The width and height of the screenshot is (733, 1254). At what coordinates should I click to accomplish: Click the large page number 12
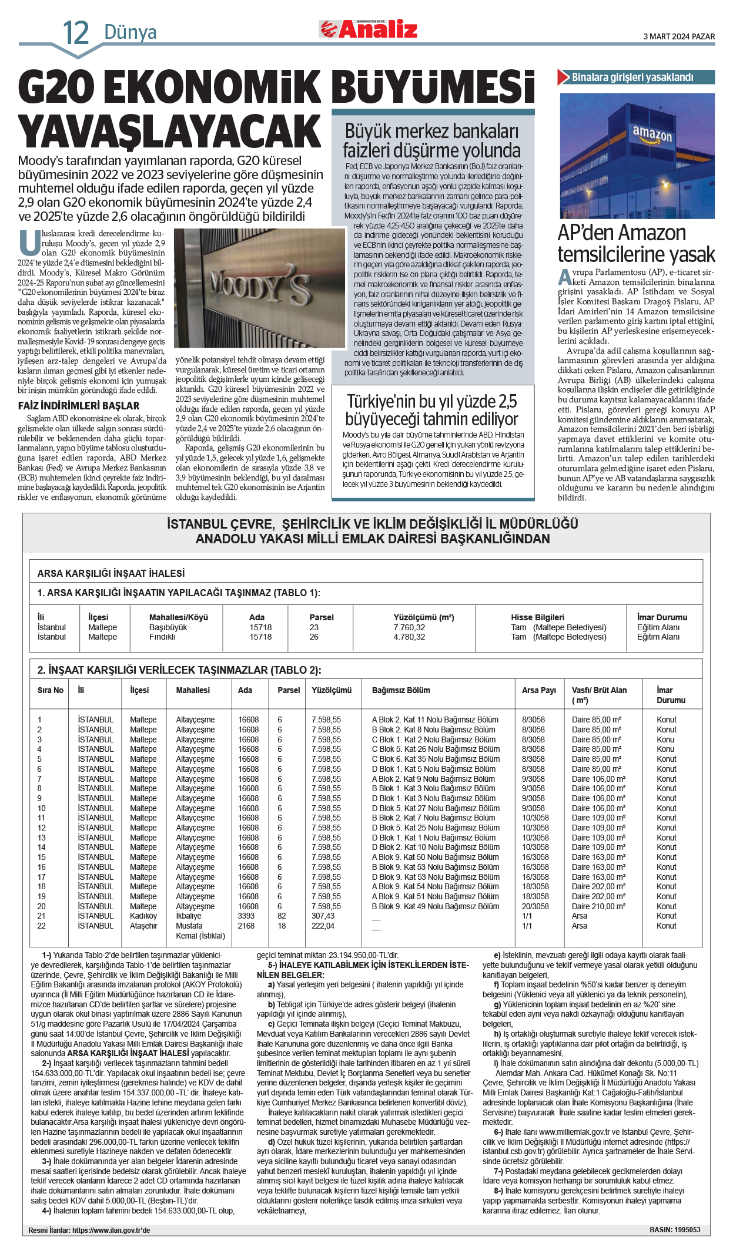click(x=76, y=33)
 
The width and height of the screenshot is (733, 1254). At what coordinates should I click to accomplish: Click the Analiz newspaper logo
click(x=369, y=29)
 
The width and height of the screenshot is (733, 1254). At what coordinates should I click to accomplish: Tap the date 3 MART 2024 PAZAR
click(x=679, y=36)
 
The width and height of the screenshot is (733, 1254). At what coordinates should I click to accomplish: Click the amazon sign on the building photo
click(x=652, y=135)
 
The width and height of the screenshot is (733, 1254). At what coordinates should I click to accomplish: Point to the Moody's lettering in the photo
click(x=260, y=288)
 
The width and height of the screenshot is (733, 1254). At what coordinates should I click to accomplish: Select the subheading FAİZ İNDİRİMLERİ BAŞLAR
click(x=79, y=406)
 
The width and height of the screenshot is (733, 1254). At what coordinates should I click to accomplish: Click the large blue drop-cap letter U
click(x=29, y=243)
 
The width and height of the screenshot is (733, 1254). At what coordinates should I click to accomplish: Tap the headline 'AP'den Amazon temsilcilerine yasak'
click(x=636, y=244)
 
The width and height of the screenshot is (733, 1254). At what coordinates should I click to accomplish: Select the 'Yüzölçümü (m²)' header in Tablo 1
click(x=424, y=617)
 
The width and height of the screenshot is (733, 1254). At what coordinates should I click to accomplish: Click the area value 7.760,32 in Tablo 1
click(x=409, y=627)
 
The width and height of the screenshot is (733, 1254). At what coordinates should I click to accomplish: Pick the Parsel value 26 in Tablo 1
click(x=314, y=637)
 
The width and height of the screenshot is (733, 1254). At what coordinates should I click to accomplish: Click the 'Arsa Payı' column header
click(x=538, y=690)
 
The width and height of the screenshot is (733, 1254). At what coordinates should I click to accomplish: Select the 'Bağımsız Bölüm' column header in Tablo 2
click(x=401, y=690)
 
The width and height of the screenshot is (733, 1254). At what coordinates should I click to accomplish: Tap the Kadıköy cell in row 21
click(x=143, y=916)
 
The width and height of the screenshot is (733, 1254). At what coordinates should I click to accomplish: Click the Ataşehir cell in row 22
click(x=143, y=926)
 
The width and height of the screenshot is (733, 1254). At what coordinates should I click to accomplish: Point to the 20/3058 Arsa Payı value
click(x=535, y=906)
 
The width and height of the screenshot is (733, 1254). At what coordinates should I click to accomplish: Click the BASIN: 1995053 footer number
click(x=675, y=1229)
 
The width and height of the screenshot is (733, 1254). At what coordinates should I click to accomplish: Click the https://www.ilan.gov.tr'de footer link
click(x=111, y=1230)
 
